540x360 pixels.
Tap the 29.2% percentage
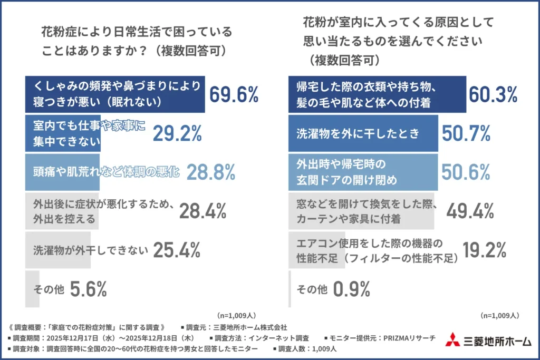(177, 134)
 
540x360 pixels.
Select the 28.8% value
(210, 172)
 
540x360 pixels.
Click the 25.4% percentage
(177, 250)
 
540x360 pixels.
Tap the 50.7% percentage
(466, 134)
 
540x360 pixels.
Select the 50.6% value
(466, 172)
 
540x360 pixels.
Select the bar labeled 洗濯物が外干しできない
(58, 250)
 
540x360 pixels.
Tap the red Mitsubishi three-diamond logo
(451, 339)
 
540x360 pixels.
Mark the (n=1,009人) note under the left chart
(237, 315)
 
